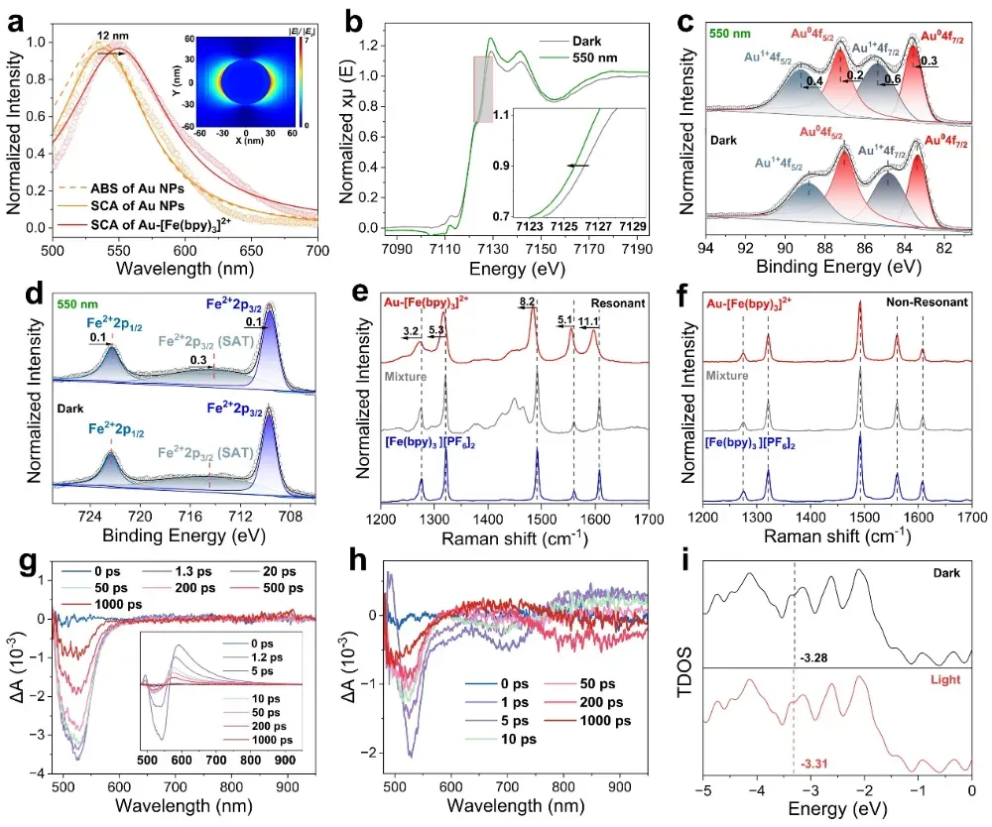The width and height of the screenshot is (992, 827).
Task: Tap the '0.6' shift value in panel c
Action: [x=892, y=79]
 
